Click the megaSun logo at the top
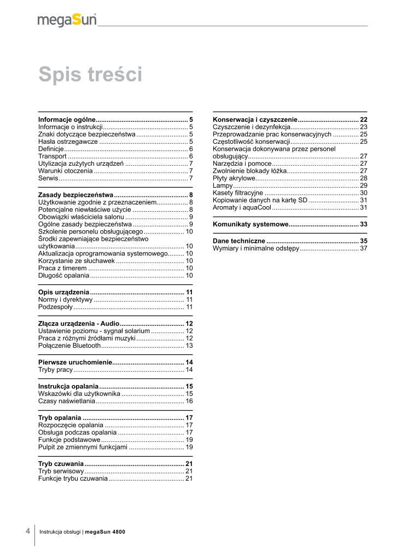[x=67, y=20]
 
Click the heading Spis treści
[x=90, y=74]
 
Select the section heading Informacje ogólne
[x=67, y=119]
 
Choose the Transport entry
[x=53, y=156]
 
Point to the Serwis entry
[x=48, y=178]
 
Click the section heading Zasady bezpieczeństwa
[x=75, y=195]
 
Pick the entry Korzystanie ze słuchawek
[x=77, y=261]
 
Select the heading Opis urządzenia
[x=63, y=292]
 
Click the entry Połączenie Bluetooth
[x=69, y=346]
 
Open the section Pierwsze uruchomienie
[x=75, y=363]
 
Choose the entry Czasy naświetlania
[x=67, y=401]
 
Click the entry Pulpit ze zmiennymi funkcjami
[x=83, y=447]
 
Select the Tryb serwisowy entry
[x=61, y=471]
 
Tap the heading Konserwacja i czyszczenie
[x=255, y=119]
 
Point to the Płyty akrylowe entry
[x=234, y=178]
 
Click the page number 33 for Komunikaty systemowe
[x=363, y=224]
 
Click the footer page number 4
[x=27, y=531]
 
